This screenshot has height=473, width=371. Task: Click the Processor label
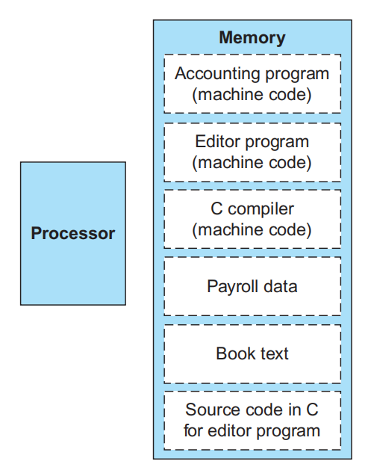[x=73, y=233]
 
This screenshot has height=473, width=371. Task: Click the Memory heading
[x=252, y=38]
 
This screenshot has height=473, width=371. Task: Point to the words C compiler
[x=252, y=209]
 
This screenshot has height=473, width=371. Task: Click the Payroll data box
[x=252, y=287]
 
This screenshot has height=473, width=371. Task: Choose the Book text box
[x=252, y=354]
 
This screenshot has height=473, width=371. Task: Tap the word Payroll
[x=233, y=287]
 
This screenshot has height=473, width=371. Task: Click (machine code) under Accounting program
[x=252, y=95]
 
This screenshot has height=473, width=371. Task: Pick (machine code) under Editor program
[x=252, y=163]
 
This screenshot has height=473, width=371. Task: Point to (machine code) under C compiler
[x=252, y=230]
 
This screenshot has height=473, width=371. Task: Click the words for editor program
[x=252, y=430]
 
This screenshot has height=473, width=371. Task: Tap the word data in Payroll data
[x=280, y=286]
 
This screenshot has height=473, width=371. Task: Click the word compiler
[x=261, y=209]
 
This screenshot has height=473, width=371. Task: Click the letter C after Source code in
[x=312, y=409]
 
